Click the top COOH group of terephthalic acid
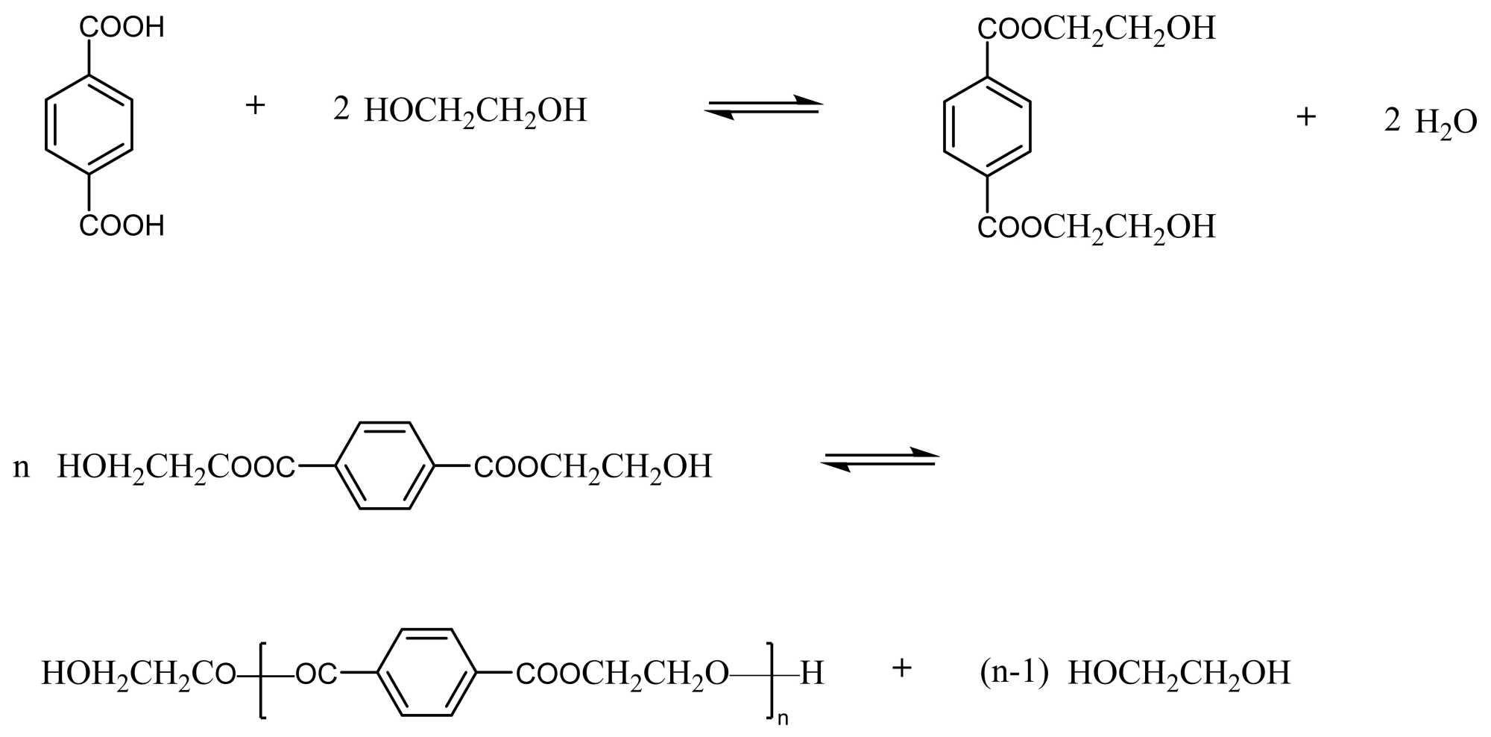pyautogui.click(x=122, y=28)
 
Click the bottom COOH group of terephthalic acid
pyautogui.click(x=122, y=225)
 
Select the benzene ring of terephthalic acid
pyautogui.click(x=89, y=125)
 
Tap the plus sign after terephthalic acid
pyautogui.click(x=255, y=105)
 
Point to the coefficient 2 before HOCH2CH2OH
pyautogui.click(x=341, y=110)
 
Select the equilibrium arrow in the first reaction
pyautogui.click(x=763, y=108)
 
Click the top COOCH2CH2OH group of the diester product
pyautogui.click(x=1096, y=29)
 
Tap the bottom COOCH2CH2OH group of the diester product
pyautogui.click(x=1096, y=226)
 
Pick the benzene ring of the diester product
pyautogui.click(x=987, y=125)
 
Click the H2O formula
pyautogui.click(x=1446, y=122)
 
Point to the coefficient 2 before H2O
pyautogui.click(x=1392, y=119)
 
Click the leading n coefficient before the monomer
pyautogui.click(x=22, y=468)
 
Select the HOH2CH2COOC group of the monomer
pyautogui.click(x=176, y=468)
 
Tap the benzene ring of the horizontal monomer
pyautogui.click(x=385, y=466)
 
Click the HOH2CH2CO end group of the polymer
pyautogui.click(x=138, y=674)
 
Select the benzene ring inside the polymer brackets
pyautogui.click(x=427, y=673)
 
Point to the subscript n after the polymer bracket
pyautogui.click(x=783, y=719)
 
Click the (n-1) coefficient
pyautogui.click(x=1014, y=673)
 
